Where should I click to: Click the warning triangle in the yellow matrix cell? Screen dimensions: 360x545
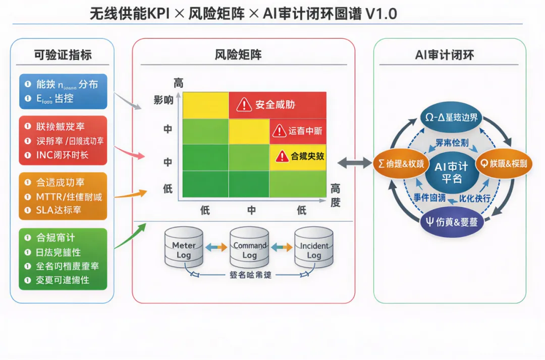click(x=283, y=156)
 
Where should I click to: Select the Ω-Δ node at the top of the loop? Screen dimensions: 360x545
click(x=451, y=117)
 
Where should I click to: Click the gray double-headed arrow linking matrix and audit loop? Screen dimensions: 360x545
click(x=355, y=162)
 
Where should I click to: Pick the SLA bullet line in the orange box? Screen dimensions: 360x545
click(x=59, y=210)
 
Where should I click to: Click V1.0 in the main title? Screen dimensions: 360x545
click(x=381, y=13)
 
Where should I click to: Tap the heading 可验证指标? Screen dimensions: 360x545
click(x=63, y=54)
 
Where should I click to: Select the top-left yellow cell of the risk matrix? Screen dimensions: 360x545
click(x=205, y=105)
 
